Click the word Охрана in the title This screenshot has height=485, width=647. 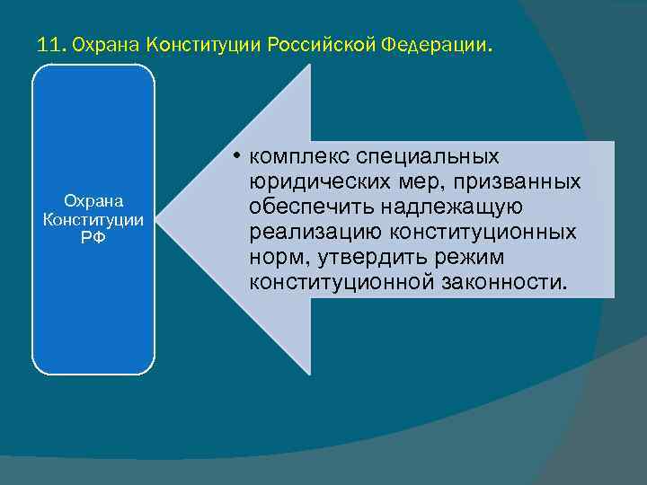coord(104,44)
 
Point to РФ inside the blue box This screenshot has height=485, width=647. coord(93,236)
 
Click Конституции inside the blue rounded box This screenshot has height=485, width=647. coord(93,219)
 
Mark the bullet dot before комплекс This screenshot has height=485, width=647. coord(232,158)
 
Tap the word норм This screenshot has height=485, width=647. coord(274,259)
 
